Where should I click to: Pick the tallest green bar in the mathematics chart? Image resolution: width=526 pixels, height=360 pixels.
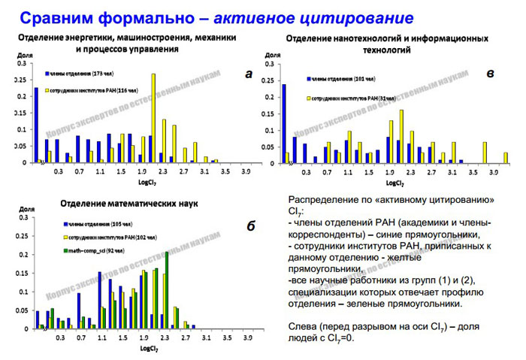[166, 290]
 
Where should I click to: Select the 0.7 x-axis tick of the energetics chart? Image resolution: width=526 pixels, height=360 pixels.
[79, 171]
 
